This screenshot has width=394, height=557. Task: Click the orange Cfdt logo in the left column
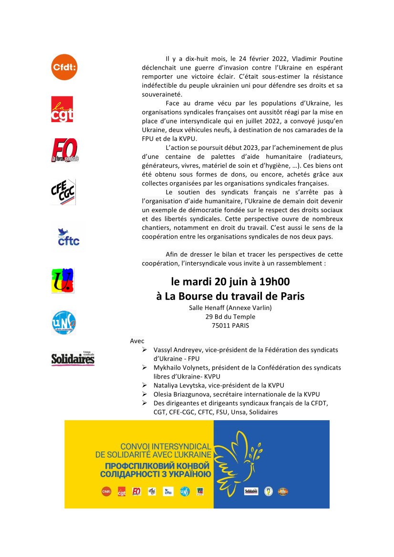click(64, 67)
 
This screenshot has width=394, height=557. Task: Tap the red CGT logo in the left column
click(62, 109)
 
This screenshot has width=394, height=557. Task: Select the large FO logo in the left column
click(64, 151)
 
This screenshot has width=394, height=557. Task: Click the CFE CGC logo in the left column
click(63, 192)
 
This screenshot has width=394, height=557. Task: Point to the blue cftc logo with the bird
click(68, 237)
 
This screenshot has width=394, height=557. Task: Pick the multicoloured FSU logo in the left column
click(63, 280)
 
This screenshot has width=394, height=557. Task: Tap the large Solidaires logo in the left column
click(73, 358)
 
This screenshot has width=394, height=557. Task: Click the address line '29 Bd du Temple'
click(230, 317)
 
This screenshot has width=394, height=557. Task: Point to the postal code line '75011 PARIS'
click(230, 326)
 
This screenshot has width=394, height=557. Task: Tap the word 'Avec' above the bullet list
click(137, 341)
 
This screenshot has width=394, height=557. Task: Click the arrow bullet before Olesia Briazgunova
click(145, 394)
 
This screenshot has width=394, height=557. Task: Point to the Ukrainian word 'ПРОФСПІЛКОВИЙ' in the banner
click(139, 465)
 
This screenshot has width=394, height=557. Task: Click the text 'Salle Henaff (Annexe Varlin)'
click(230, 308)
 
